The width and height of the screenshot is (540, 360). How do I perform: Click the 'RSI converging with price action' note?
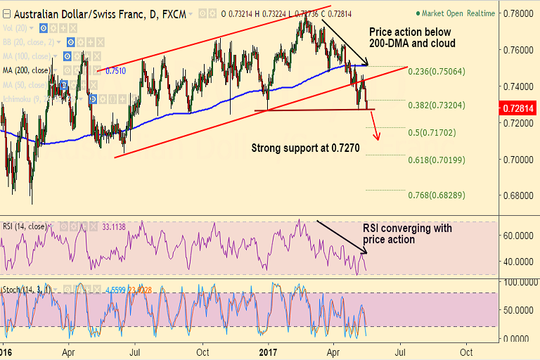tap(407, 234)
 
